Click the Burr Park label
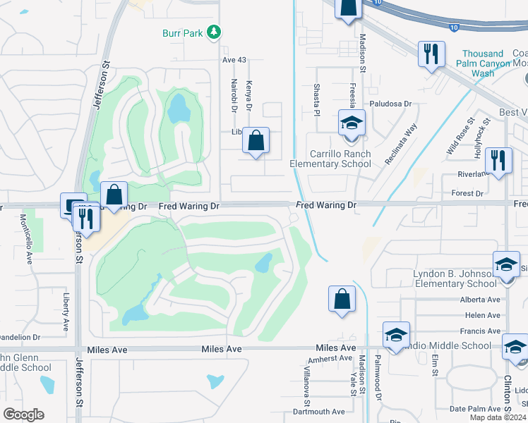click(x=182, y=32)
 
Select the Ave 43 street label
click(x=234, y=60)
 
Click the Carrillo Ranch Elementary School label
click(x=330, y=159)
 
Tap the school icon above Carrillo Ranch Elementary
click(x=351, y=123)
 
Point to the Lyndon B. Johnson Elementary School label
click(x=455, y=278)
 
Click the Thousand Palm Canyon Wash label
click(x=484, y=63)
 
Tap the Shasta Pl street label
click(x=317, y=96)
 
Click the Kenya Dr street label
click(x=248, y=97)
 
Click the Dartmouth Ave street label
click(x=319, y=412)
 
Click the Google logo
click(x=23, y=415)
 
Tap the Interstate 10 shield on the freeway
click(x=451, y=26)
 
